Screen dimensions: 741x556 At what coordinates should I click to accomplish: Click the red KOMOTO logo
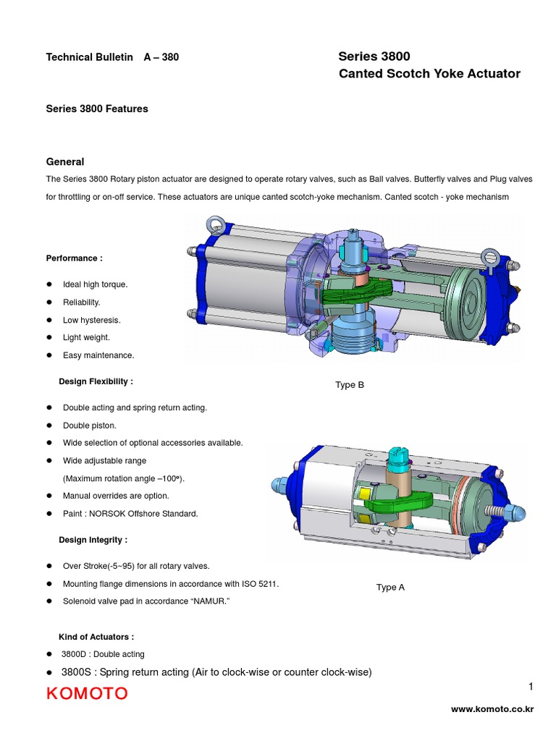click(x=87, y=694)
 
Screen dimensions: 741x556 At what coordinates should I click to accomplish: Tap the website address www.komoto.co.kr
click(x=492, y=710)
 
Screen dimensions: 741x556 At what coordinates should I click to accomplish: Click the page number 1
click(x=530, y=685)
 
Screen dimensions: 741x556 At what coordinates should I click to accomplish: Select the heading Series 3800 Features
click(x=97, y=109)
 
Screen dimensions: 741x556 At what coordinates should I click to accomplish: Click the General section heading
click(x=65, y=162)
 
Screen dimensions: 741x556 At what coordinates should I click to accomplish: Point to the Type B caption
click(x=350, y=385)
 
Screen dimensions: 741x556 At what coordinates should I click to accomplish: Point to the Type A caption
click(x=390, y=587)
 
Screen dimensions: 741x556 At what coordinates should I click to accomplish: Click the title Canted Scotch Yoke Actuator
click(x=429, y=74)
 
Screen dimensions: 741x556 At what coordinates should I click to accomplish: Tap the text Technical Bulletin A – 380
click(x=112, y=57)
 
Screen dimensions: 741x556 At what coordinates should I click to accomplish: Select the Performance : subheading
click(x=75, y=258)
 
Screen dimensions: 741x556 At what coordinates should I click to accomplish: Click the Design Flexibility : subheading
click(x=96, y=381)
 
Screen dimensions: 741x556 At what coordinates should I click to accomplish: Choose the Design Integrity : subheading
click(x=93, y=540)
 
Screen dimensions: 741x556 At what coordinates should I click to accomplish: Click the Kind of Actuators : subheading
click(x=96, y=637)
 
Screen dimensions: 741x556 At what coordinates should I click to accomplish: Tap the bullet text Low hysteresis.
click(x=91, y=320)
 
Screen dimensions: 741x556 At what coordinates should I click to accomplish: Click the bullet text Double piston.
click(x=90, y=425)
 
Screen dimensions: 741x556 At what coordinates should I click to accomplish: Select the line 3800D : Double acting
click(x=103, y=654)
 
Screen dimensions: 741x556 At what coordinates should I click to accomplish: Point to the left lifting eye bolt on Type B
click(x=215, y=225)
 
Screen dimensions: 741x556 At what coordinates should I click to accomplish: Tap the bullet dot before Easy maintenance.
click(x=49, y=355)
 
